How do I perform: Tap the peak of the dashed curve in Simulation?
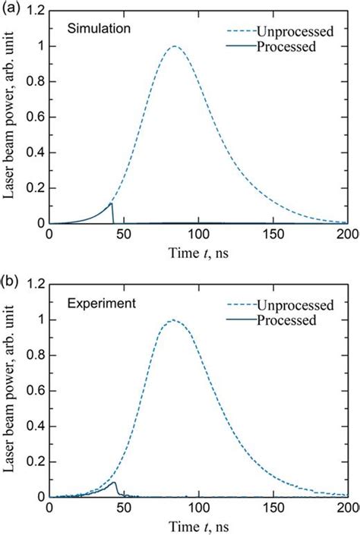(175, 46)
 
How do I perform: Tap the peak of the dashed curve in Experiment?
(172, 319)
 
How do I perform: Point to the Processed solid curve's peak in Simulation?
(112, 203)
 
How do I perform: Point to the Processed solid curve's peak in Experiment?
(114, 482)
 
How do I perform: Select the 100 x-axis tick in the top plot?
(199, 236)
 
